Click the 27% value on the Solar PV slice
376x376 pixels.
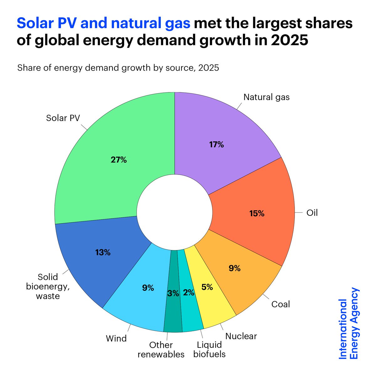pos(118,160)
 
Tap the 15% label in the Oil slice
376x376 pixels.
pos(257,214)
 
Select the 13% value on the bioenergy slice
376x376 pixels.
pos(103,253)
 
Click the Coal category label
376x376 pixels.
pos(280,304)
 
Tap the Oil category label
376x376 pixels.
pos(312,213)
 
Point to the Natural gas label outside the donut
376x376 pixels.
pos(267,97)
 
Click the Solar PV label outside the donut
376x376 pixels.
pos(63,118)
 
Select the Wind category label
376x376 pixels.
pos(116,338)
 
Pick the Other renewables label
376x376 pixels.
pos(161,350)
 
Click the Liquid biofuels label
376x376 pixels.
pos(209,350)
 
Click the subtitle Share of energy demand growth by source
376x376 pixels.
pos(118,68)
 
